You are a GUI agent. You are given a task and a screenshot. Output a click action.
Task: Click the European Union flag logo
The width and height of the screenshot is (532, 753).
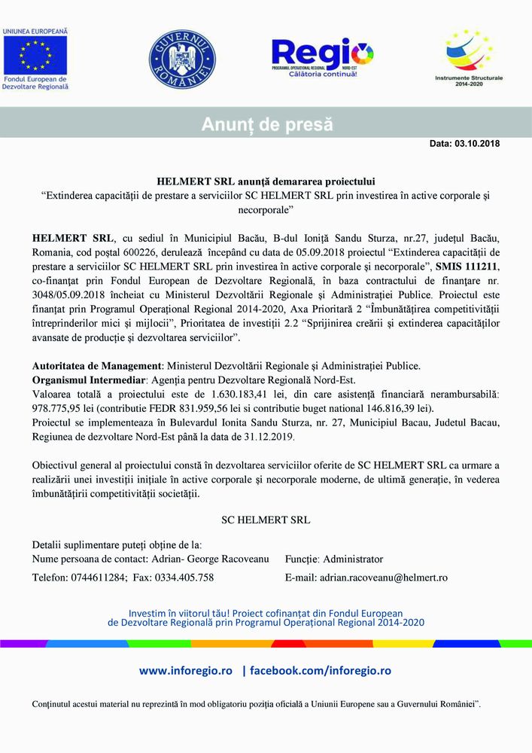coord(35,54)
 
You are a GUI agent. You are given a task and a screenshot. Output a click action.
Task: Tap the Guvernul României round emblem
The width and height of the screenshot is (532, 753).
coord(181,60)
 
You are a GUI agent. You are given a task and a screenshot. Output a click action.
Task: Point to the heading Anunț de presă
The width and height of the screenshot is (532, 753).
coord(266,125)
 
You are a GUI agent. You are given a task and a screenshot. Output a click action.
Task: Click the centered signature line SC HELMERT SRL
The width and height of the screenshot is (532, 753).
coord(266,520)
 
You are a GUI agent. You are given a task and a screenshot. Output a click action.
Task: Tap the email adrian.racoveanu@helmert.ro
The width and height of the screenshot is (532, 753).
coord(384,578)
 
